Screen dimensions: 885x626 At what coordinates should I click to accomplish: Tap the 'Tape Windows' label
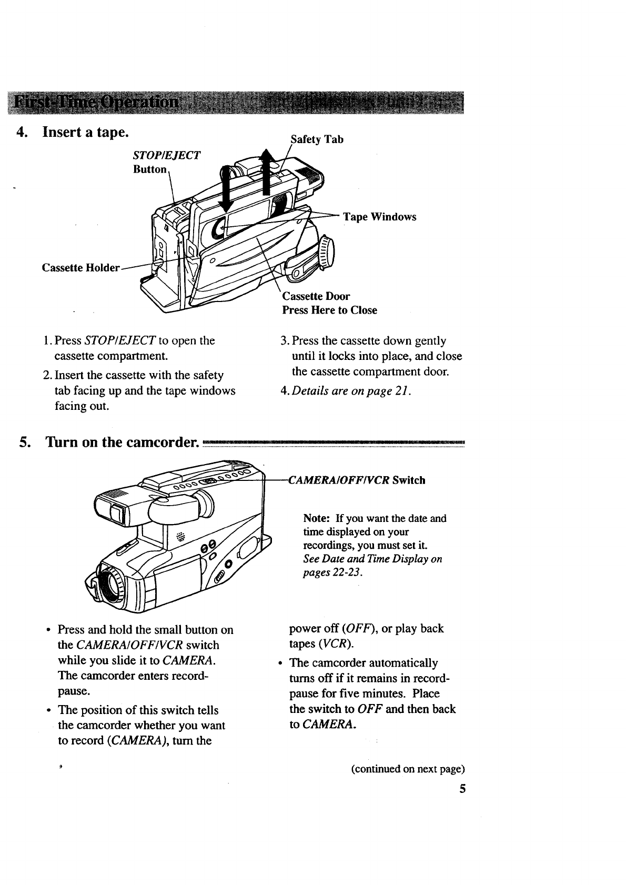click(x=379, y=217)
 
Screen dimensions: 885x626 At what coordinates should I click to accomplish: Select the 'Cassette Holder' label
click(x=80, y=268)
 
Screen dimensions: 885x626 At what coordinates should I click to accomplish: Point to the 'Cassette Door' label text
click(x=316, y=296)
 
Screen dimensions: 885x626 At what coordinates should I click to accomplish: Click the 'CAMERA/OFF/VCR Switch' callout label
click(x=357, y=480)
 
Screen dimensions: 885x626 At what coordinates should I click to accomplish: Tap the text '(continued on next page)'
click(x=408, y=769)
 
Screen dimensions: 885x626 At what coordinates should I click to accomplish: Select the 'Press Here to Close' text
click(x=329, y=310)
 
